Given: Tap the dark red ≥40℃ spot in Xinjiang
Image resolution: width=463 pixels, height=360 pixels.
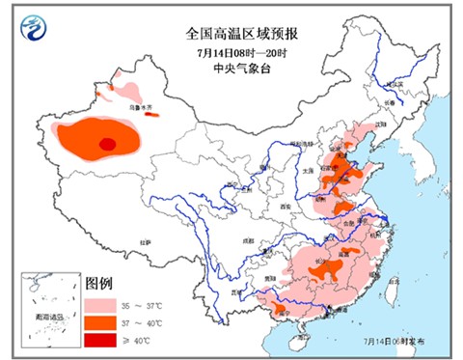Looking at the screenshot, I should point(108,145).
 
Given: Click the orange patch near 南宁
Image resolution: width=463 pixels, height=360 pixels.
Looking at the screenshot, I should point(279,308).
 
